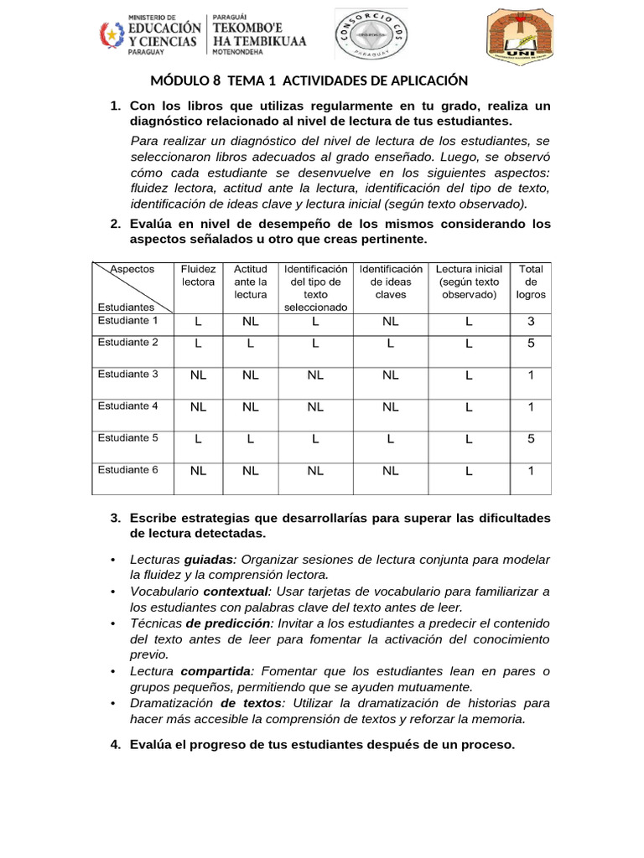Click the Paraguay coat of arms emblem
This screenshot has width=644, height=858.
click(111, 34)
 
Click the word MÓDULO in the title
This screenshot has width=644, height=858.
click(181, 80)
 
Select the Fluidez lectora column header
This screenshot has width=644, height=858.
click(199, 276)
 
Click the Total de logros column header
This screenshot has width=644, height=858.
click(530, 282)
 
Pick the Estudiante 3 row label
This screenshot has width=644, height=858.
click(128, 375)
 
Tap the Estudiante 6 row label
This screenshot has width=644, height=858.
click(128, 470)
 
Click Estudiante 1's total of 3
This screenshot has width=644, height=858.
click(530, 322)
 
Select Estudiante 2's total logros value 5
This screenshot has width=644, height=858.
click(530, 343)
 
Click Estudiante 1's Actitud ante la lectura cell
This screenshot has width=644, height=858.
click(250, 322)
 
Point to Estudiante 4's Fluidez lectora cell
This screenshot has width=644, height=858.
click(199, 407)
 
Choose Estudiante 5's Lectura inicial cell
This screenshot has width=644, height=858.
click(469, 438)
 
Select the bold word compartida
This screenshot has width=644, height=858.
click(216, 671)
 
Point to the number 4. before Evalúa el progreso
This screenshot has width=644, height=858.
click(116, 745)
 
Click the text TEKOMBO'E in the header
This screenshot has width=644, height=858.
click(251, 26)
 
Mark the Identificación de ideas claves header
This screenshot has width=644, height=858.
click(390, 282)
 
